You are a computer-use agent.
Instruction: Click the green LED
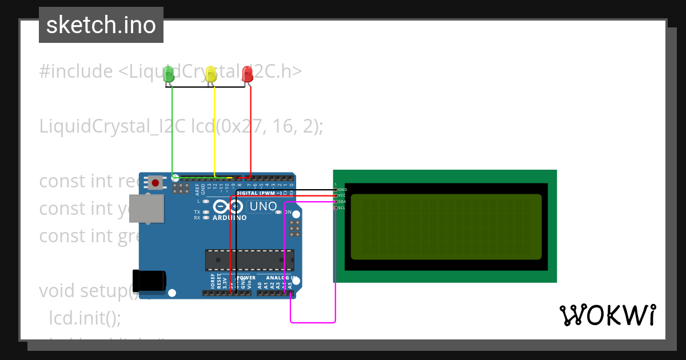(x=168, y=74)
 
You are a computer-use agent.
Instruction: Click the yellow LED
(x=211, y=74)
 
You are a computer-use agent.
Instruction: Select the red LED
(x=248, y=74)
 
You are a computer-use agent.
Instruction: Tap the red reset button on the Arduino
(x=155, y=183)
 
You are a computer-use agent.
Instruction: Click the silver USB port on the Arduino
(x=146, y=208)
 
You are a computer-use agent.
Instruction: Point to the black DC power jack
(x=149, y=280)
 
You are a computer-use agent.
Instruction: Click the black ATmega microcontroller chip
(x=250, y=259)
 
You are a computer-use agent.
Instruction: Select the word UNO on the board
(x=264, y=206)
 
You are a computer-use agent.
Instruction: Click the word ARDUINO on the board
(x=229, y=218)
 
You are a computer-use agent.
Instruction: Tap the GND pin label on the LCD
(x=342, y=189)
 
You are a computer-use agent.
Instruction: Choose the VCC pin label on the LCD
(x=342, y=195)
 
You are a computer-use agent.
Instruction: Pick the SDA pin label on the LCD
(x=342, y=202)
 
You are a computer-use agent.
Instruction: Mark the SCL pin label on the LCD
(x=342, y=208)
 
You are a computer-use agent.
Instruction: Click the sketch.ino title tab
(x=101, y=25)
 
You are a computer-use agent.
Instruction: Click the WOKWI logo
(x=607, y=315)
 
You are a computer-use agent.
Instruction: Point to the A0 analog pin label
(x=260, y=284)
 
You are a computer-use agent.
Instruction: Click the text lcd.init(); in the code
(x=85, y=318)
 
